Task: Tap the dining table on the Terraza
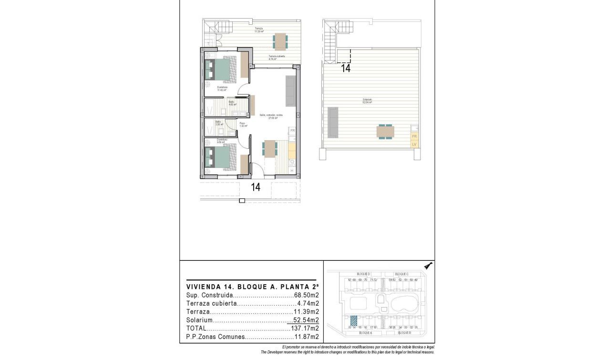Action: tap(280, 41)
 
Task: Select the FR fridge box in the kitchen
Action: tap(293, 130)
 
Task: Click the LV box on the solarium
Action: tap(414, 144)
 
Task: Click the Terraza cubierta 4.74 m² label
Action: tap(277, 58)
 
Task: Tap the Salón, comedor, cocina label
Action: tap(271, 116)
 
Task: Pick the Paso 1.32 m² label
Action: tap(243, 125)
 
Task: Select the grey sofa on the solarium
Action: tap(332, 121)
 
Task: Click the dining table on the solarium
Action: tap(385, 131)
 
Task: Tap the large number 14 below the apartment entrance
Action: tap(256, 187)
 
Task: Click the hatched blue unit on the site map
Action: tap(354, 320)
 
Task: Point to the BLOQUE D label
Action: tap(363, 274)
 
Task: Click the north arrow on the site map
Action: tap(428, 267)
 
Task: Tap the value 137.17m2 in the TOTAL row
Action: tap(305, 329)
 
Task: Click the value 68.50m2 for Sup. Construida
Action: tap(307, 296)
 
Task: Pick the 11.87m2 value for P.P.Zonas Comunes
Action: tap(307, 337)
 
